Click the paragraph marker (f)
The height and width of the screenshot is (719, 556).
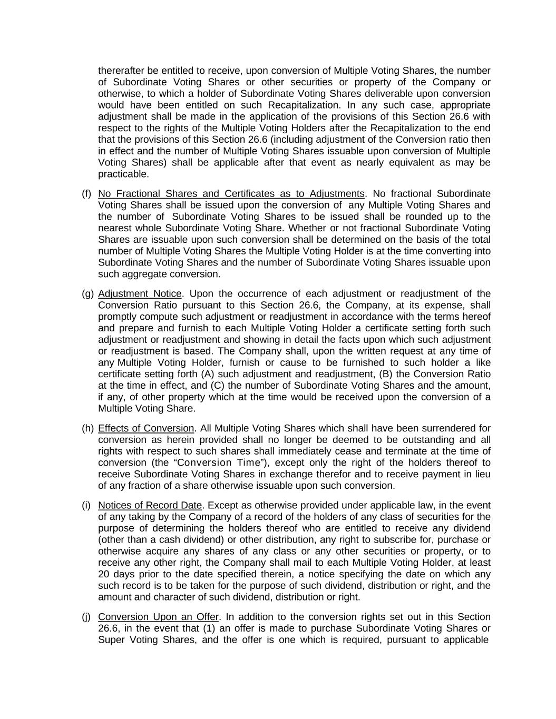(86, 194)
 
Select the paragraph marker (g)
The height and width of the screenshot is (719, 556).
(87, 294)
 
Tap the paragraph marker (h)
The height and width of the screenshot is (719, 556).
(87, 428)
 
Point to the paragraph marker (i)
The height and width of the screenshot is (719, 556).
(86, 506)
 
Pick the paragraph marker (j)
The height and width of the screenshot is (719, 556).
(86, 617)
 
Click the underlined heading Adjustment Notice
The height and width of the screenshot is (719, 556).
(140, 294)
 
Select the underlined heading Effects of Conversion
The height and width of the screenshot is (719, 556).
(146, 428)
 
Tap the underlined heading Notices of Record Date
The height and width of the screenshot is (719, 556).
(150, 506)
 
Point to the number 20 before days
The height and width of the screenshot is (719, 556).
(103, 574)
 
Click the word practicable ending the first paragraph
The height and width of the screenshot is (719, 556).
(123, 174)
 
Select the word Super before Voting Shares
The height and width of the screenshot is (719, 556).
(110, 640)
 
